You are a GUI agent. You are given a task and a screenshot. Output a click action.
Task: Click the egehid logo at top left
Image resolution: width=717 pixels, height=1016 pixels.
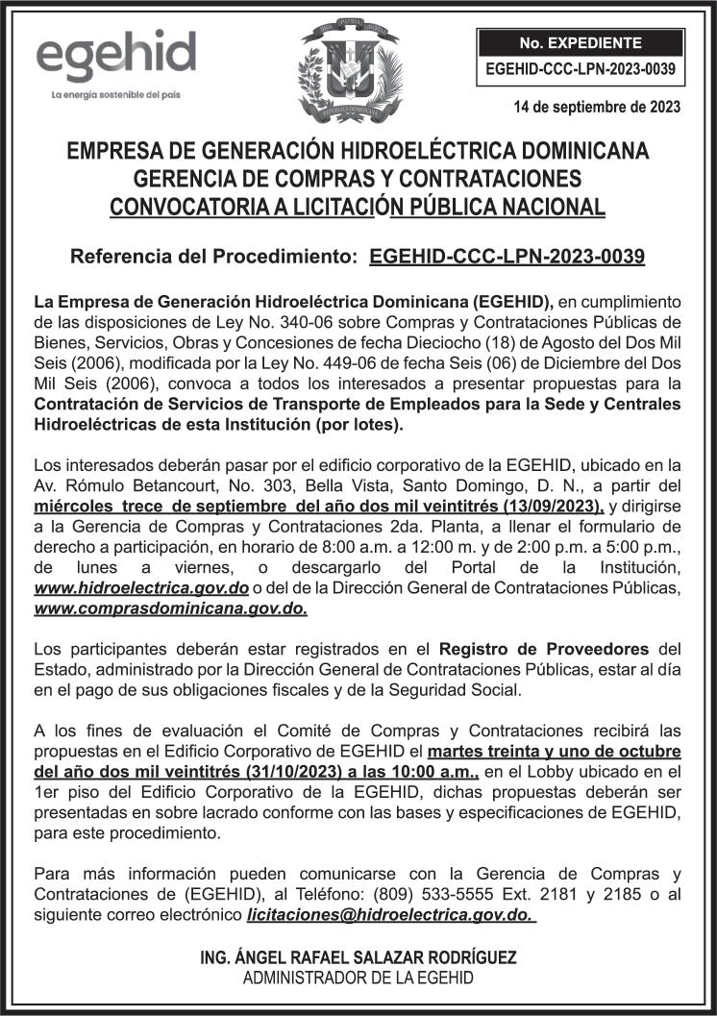[x=115, y=58]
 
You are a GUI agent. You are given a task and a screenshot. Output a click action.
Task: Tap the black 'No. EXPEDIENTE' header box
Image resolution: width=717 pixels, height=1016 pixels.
[x=580, y=43]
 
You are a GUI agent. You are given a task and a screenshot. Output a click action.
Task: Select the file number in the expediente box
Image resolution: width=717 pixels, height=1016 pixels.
[x=580, y=69]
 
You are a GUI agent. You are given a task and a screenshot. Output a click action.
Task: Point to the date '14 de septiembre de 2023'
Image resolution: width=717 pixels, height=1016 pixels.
[x=598, y=108]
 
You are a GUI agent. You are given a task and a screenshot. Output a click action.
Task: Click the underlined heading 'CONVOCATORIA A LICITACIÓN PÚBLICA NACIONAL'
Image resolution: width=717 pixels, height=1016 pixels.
[x=358, y=207]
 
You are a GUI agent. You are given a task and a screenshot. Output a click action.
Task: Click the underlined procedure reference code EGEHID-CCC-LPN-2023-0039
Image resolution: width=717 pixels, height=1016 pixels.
[x=507, y=257]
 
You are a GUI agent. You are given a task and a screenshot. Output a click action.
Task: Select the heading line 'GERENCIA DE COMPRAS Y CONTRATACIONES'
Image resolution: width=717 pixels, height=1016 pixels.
[x=358, y=179]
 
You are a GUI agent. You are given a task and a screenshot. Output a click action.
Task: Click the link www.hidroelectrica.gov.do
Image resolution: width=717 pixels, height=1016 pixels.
[x=141, y=586]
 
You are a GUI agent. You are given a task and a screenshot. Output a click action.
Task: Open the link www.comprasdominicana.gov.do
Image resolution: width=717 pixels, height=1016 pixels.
[x=171, y=608]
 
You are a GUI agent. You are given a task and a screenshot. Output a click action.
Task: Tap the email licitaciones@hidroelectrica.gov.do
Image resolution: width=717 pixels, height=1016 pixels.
[x=390, y=914]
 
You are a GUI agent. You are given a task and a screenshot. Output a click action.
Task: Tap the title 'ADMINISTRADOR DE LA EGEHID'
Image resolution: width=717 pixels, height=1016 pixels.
[x=358, y=979]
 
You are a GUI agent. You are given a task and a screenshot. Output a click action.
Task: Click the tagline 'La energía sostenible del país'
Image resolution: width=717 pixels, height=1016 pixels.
[x=116, y=95]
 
